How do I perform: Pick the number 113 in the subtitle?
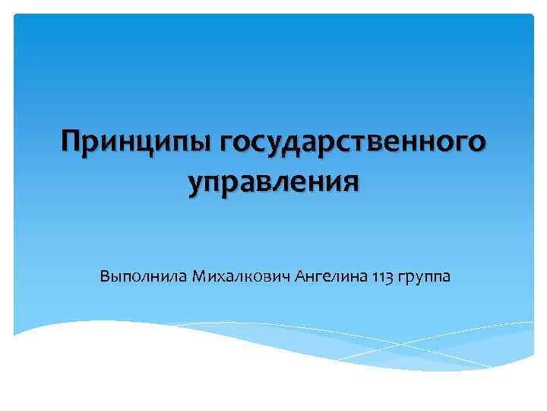[x=384, y=276]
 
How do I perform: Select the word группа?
[x=425, y=276]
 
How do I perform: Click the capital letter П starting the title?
[x=73, y=142]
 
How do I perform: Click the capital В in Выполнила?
[x=104, y=275]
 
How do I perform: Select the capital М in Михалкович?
[x=200, y=275]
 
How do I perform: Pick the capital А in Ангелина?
[x=299, y=275]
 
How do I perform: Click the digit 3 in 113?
[x=389, y=276]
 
